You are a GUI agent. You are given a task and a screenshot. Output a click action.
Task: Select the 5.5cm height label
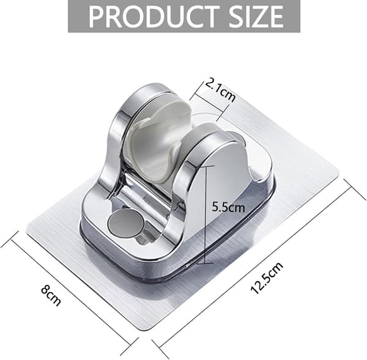[228, 207]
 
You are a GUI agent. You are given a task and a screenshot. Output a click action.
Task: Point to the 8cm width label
[51, 295]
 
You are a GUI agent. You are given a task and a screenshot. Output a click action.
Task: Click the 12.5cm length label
[267, 278]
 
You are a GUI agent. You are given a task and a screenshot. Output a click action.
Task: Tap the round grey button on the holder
[126, 224]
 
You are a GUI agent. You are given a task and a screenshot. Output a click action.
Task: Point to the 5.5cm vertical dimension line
[206, 214]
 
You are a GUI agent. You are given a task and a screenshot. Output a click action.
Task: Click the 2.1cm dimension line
[210, 102]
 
